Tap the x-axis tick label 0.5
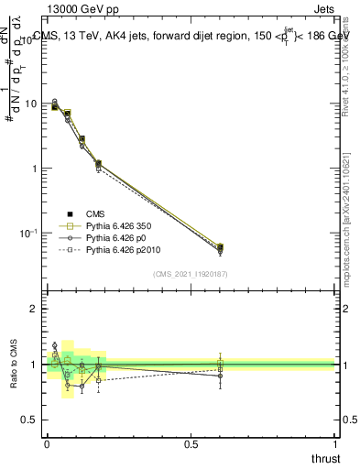coord(191,442)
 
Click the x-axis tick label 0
coord(47,442)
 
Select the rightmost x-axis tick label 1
coord(335,442)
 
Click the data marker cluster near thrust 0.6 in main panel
coord(220,248)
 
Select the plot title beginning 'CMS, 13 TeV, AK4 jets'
coord(192,38)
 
